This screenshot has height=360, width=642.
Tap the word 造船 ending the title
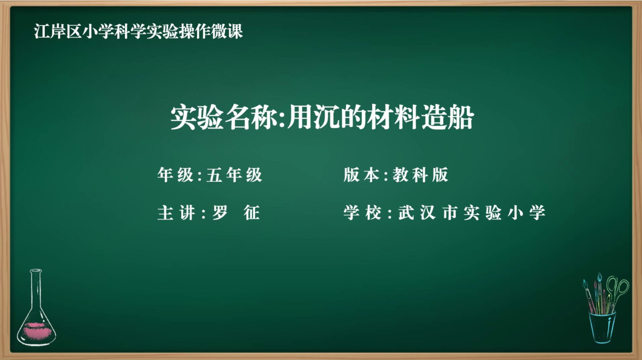click(447, 118)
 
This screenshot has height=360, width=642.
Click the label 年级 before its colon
click(175, 175)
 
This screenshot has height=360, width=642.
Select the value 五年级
click(234, 175)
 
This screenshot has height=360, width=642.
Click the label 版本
click(361, 175)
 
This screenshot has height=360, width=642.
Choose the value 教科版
click(420, 175)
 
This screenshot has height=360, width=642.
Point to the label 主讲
click(176, 213)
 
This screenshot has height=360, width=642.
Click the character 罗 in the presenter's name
click(220, 213)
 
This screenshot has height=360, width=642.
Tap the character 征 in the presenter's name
click(252, 213)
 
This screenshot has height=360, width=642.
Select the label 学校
click(362, 213)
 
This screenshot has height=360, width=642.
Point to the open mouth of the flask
click(36, 271)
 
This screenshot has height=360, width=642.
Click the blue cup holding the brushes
click(602, 327)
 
